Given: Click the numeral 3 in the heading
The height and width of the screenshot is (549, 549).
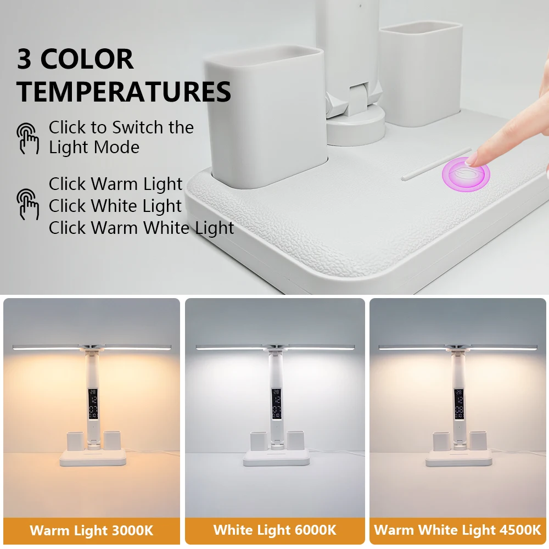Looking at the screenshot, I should [25, 59].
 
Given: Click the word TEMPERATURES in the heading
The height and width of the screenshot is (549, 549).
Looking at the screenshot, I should [124, 92].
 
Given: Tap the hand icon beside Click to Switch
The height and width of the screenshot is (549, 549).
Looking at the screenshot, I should [28, 138].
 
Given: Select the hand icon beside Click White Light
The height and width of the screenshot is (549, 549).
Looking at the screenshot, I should [28, 204].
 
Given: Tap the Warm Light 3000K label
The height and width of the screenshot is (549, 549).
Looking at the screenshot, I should [91, 530].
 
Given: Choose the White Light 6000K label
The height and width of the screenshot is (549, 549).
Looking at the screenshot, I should [274, 530].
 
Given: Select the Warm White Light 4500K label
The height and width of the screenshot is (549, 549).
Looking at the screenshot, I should [457, 530].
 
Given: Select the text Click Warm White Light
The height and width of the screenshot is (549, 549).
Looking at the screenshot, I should [141, 228].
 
